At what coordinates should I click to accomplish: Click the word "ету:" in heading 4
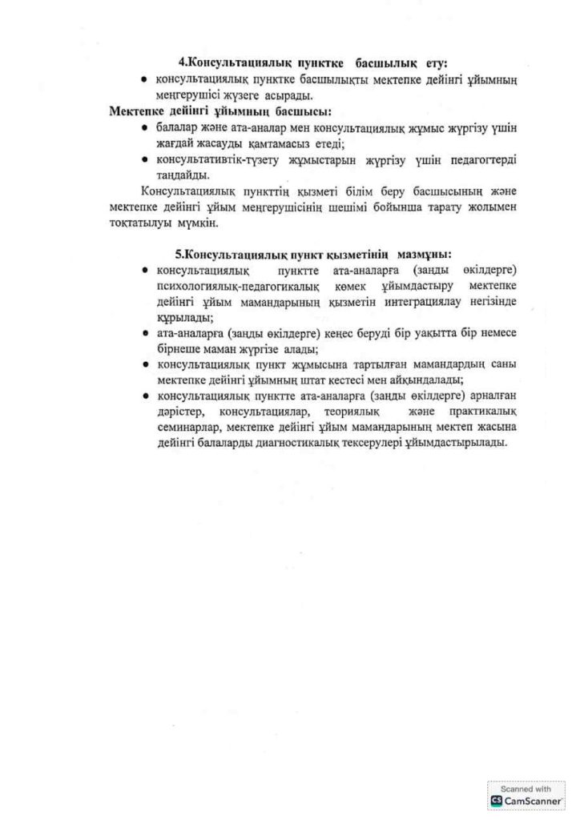point(433,62)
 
